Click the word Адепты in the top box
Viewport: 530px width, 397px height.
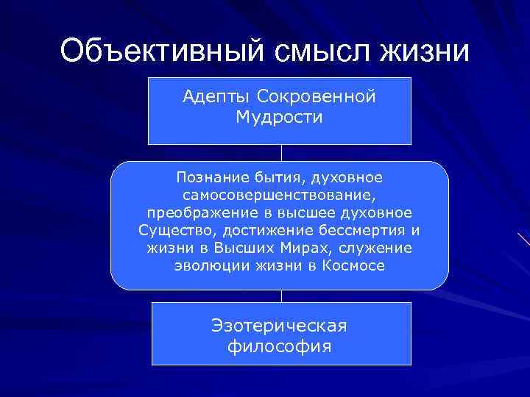(215, 97)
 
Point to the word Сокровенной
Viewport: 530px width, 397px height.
(316, 97)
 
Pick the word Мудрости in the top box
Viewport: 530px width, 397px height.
(279, 118)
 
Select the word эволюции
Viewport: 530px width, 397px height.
(205, 265)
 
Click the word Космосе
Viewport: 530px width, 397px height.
(353, 265)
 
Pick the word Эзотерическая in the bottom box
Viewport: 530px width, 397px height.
(279, 325)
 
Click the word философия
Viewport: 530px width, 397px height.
(279, 346)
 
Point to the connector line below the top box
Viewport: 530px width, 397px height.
(281, 153)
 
